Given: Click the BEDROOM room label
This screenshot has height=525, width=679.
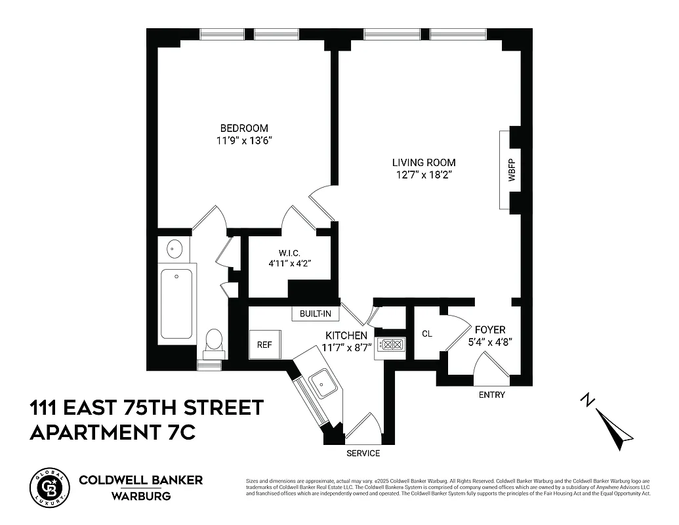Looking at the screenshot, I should point(244,128).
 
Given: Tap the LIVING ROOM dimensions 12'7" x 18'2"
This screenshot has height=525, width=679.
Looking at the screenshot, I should point(424,175).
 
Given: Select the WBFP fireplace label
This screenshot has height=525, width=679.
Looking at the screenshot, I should point(512,169).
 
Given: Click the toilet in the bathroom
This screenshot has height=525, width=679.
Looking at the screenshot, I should point(213,341).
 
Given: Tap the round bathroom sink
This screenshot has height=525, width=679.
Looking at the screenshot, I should point(175,249).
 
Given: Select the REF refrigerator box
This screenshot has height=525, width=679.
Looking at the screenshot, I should point(264,345).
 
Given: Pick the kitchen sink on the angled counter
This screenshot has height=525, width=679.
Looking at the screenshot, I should point(323,383).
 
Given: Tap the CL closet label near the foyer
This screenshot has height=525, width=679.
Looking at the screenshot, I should point(427,333).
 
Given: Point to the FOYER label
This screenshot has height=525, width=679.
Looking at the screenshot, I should point(490,329).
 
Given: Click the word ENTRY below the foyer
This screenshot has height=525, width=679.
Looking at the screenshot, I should point(492,394).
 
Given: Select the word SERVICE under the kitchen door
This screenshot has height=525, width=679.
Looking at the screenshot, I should point(363,453).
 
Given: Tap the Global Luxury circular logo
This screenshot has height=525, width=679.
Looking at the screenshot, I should point(49,488).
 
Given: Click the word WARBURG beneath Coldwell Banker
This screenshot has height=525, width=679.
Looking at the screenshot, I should point(140,496).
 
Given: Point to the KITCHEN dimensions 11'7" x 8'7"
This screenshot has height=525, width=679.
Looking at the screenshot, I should point(348,347).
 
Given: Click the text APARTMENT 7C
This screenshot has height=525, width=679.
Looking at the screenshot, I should point(112,432).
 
